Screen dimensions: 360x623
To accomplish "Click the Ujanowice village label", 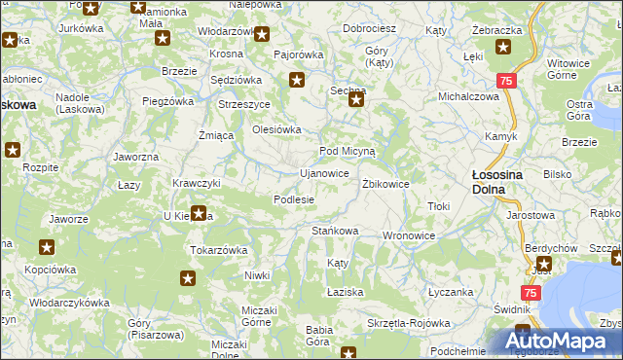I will coord(324,173).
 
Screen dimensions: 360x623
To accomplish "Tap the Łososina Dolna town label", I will coord(491,182).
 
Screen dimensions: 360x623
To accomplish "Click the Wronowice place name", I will coord(409,235).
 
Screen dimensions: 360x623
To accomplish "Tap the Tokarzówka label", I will coord(218,249).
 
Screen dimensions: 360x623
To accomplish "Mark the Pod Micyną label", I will coord(354,152).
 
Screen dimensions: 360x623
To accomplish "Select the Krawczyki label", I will coord(196,183).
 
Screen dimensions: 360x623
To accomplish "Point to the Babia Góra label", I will coord(319,335).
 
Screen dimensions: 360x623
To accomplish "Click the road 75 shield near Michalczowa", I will coord(505,82).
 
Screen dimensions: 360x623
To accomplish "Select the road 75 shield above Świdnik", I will coord(531,293).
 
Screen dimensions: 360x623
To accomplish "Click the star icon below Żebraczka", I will coord(503,47).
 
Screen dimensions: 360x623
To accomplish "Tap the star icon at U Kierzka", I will coord(199,213).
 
